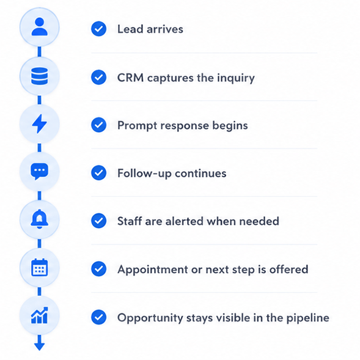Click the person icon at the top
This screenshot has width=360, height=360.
pos(40,27)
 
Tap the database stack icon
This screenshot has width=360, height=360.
pos(40,76)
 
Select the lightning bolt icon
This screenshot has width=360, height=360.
pos(40,123)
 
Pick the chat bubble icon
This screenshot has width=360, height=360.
pos(40,172)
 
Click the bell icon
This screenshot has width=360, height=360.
pos(40,219)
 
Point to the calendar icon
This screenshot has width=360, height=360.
pos(40,267)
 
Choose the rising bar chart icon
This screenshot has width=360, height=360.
pos(40,315)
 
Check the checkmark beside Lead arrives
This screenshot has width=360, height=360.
pos(99,29)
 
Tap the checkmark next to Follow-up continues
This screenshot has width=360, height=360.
pos(99,173)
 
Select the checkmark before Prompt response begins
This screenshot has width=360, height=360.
pos(99,125)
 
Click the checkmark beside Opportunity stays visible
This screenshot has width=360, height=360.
pos(99,317)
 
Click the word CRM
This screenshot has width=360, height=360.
pos(130,78)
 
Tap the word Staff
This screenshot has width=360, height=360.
pos(130,221)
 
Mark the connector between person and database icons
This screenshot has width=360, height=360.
pos(40,52)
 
